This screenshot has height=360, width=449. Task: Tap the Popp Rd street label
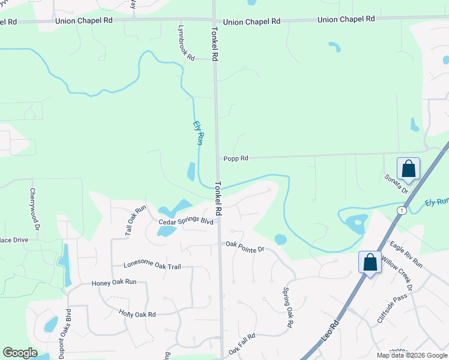[236, 158]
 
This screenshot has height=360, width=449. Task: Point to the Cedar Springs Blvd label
[186, 222]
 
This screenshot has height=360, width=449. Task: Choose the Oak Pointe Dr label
[245, 246]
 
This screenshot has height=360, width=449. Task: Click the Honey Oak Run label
[114, 282]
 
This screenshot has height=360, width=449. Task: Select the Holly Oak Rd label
[137, 314]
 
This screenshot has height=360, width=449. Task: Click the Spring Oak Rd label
[288, 307]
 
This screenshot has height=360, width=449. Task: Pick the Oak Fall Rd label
[242, 344]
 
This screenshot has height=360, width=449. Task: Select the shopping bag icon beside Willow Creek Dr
[370, 262]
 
